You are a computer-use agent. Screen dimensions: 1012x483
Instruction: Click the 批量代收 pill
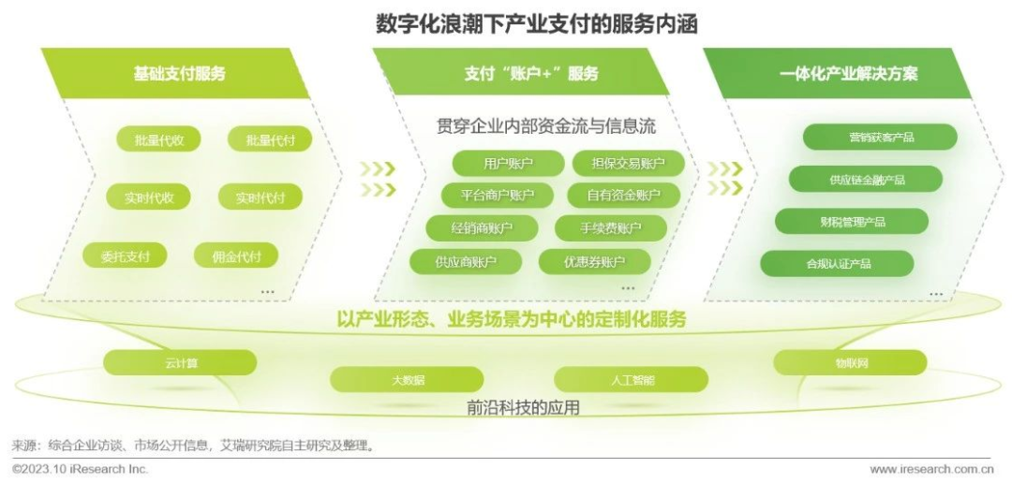[x=158, y=139]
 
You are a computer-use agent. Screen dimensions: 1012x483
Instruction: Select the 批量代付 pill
[x=270, y=139]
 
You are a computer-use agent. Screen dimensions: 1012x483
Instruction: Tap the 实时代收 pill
[x=149, y=197]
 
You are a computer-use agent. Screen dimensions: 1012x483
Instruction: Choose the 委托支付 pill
[x=125, y=256]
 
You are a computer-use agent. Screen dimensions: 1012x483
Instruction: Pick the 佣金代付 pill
[x=236, y=256]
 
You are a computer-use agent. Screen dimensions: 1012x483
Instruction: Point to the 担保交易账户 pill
[x=628, y=163]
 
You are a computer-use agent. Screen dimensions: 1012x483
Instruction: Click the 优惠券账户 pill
[x=594, y=261]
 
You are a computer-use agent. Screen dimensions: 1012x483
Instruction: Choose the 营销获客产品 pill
[x=880, y=137]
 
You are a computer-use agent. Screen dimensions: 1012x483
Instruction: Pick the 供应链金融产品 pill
[x=866, y=179]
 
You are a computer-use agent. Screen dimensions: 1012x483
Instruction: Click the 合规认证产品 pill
[x=837, y=263]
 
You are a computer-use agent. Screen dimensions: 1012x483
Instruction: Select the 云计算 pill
[x=180, y=362]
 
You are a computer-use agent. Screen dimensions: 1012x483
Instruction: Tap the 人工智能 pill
[x=632, y=380]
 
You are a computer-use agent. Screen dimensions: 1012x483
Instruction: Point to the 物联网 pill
[x=851, y=362]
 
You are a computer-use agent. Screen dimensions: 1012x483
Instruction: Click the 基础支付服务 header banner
[x=175, y=74]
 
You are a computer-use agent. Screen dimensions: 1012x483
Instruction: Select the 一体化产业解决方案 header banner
[x=838, y=74]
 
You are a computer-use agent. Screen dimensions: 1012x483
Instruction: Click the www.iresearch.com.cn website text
[x=931, y=470]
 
